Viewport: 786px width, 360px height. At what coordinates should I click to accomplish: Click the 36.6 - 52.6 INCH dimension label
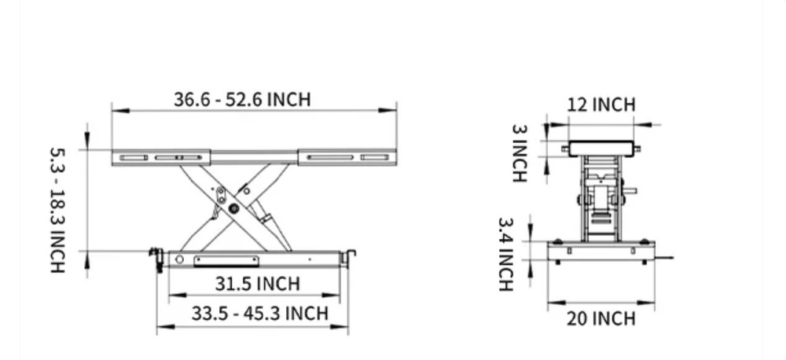tap(242, 100)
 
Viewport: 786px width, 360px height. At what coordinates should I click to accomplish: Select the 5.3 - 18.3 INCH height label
tap(57, 210)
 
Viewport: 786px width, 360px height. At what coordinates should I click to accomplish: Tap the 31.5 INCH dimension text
tap(257, 284)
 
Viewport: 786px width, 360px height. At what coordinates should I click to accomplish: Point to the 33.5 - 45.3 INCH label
tap(259, 314)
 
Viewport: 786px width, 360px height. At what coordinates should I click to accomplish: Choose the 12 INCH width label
tap(601, 105)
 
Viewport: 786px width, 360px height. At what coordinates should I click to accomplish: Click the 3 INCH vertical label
tap(519, 153)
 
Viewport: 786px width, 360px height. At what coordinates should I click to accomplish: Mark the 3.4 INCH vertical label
tap(505, 255)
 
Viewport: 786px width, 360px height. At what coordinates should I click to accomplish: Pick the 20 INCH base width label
tap(601, 318)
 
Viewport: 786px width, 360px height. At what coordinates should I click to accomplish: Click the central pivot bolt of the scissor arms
tap(233, 208)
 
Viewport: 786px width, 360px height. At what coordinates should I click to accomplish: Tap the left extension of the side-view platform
tap(160, 157)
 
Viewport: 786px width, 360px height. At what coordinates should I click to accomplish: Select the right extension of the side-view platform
tap(347, 157)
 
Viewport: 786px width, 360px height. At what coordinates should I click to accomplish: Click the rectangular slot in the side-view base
tap(226, 260)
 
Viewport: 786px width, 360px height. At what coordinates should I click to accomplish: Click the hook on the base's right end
tap(350, 256)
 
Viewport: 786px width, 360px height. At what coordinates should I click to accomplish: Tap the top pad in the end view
tap(601, 147)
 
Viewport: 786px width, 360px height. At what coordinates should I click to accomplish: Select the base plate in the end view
tap(601, 252)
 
